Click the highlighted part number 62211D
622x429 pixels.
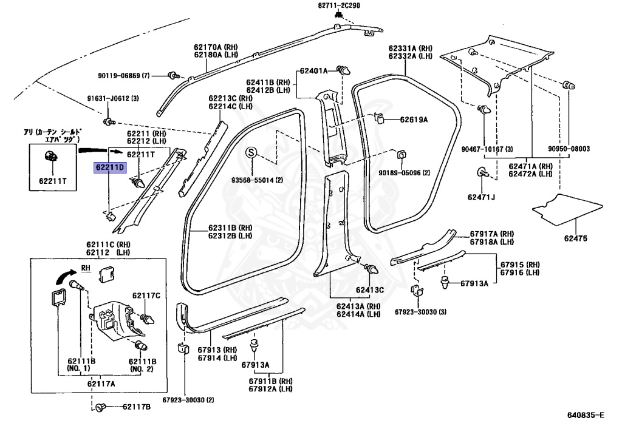pos(109,167)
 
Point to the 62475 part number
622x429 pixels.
pos(578,238)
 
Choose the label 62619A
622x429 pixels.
pos(413,120)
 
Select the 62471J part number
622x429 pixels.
pos(481,196)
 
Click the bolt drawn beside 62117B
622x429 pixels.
pos(101,407)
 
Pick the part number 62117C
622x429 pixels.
pos(148,296)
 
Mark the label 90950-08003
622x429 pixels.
pos(569,149)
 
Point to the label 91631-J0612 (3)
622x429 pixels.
pos(113,98)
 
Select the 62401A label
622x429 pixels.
pos(313,70)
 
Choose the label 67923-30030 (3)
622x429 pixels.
pos(420,312)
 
